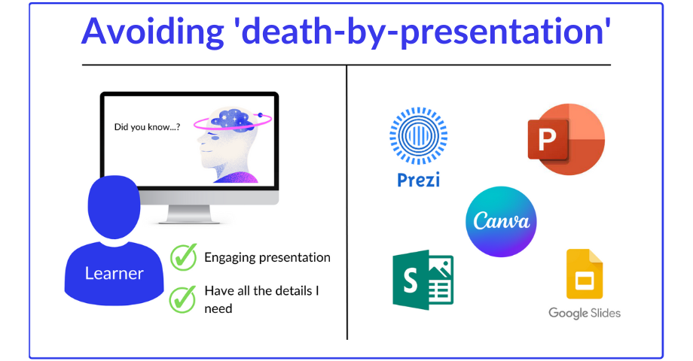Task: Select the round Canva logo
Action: coord(501,222)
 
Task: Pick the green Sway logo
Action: coord(423,279)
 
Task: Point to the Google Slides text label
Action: coord(585,313)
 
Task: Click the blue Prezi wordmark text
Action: coord(418,180)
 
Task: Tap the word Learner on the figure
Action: coord(114,273)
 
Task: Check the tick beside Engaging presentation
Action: coord(182,257)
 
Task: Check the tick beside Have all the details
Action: coord(182,299)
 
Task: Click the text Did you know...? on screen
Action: coord(147,127)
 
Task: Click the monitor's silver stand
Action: coord(179,214)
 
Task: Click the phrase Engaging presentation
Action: coord(267,257)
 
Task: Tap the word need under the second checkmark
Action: coord(218,308)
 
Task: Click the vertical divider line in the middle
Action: coord(347,203)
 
